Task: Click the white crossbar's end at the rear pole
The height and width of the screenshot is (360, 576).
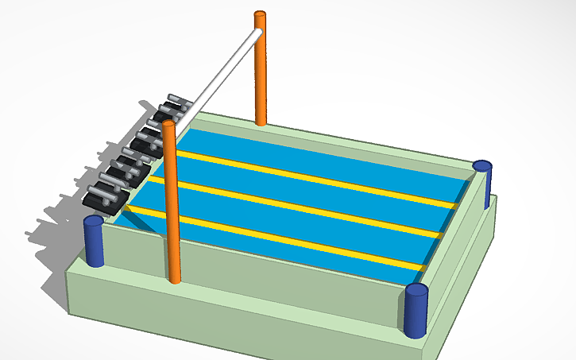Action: click(x=256, y=34)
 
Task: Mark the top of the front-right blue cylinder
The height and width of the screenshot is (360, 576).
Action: click(x=416, y=288)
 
